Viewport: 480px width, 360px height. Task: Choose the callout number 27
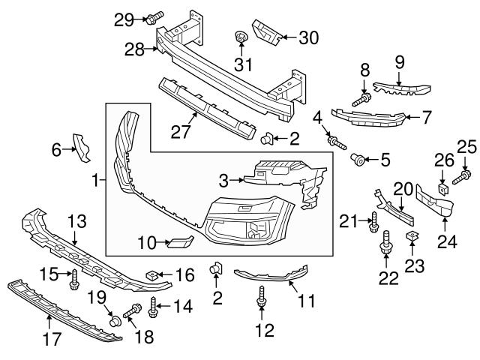180,133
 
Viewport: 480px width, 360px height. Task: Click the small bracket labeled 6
80,146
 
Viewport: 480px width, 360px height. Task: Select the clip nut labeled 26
442,187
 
